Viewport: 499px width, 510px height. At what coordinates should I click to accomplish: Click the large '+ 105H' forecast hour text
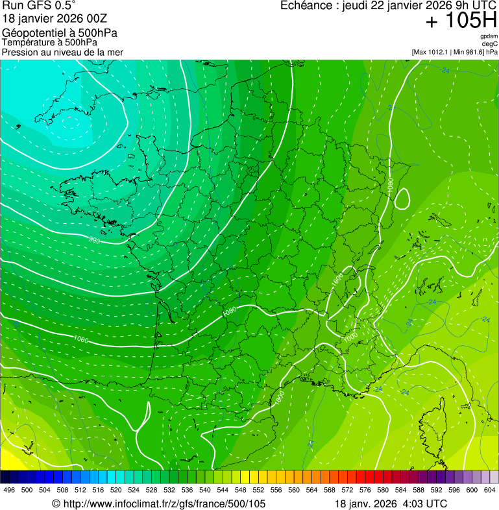tap(461, 21)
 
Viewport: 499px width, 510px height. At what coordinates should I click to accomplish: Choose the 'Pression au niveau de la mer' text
tap(62, 52)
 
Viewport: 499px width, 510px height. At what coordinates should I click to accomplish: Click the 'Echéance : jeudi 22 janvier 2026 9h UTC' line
tap(388, 6)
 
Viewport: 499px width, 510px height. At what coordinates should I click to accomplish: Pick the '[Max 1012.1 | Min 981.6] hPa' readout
tap(454, 52)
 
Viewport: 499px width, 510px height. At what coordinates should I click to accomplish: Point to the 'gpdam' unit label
tap(489, 36)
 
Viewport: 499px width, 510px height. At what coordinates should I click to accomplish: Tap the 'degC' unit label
tap(490, 44)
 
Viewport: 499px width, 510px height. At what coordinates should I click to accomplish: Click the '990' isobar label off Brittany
tap(95, 240)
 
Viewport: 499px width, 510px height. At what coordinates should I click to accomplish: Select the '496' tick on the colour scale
tap(9, 491)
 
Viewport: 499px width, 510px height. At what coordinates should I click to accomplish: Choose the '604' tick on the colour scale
tap(490, 491)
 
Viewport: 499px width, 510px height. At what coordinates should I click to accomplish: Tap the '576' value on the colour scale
tap(365, 491)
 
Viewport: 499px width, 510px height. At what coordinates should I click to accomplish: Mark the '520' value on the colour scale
tap(116, 491)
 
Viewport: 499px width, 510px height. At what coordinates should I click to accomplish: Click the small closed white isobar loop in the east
tap(402, 199)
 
